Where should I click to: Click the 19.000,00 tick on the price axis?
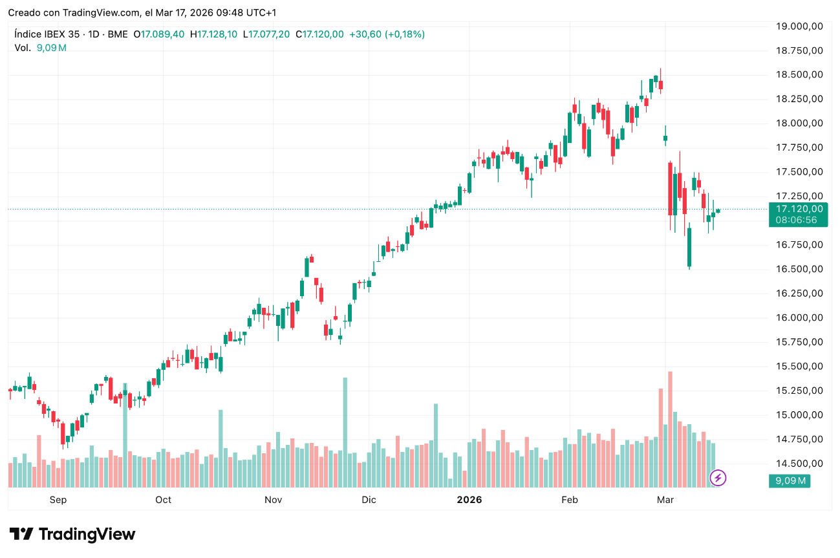800,26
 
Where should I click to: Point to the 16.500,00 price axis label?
800,269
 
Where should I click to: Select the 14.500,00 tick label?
800,464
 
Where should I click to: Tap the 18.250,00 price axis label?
800,99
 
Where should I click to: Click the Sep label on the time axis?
58,500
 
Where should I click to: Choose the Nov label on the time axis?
274,500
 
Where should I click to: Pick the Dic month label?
369,500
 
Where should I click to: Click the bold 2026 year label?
469,500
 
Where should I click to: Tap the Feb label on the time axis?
569,500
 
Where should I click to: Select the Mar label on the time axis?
665,500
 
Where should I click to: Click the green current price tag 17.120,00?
799,209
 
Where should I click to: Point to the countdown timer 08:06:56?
797,220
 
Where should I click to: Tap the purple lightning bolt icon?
718,478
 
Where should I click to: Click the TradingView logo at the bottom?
72,534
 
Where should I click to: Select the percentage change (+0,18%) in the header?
405,34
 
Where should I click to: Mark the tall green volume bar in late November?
345,432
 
